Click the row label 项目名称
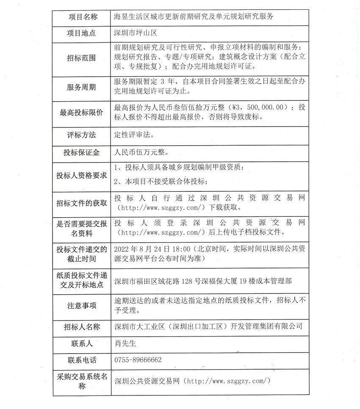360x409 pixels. tap(82, 17)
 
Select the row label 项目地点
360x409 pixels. tap(82, 33)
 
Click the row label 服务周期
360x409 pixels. tap(82, 87)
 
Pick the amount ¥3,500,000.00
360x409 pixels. tap(258, 107)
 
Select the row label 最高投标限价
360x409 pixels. tap(82, 113)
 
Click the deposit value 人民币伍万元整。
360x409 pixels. tap(138, 152)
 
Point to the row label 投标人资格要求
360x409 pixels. tap(82, 175)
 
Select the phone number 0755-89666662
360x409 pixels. tap(138, 360)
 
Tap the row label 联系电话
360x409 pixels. tap(82, 360)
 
